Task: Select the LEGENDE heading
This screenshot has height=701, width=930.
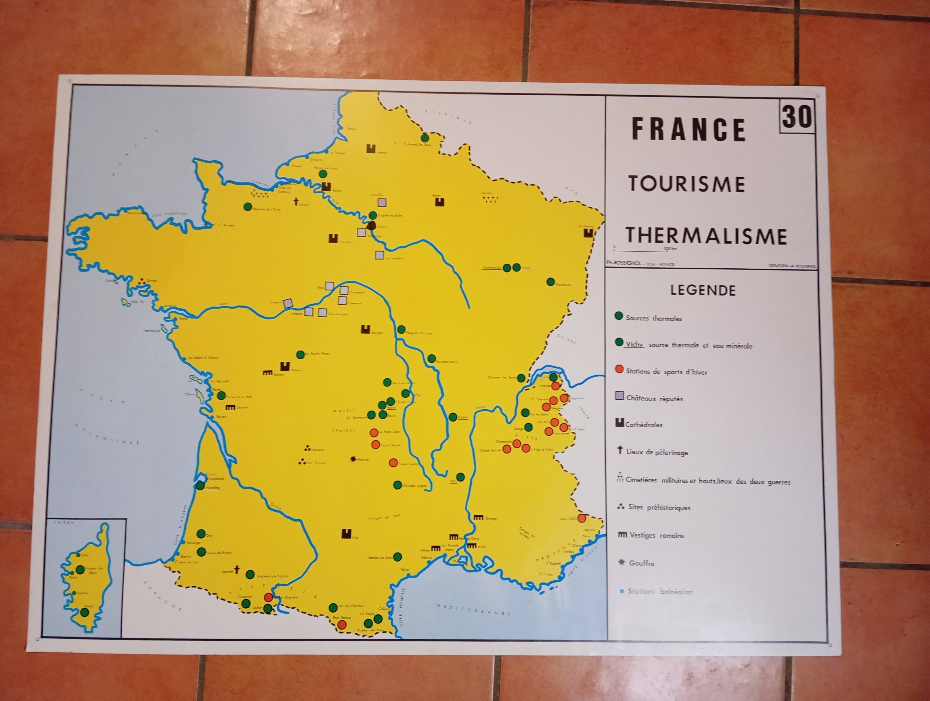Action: click(703, 290)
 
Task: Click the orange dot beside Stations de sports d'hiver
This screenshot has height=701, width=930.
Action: click(619, 369)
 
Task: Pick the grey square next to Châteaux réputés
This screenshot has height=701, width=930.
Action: click(619, 395)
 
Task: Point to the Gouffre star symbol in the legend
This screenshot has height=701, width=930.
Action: click(621, 562)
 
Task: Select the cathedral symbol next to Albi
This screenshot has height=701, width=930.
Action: click(345, 533)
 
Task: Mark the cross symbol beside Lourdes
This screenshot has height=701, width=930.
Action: click(237, 570)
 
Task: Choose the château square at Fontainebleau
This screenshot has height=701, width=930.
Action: click(379, 255)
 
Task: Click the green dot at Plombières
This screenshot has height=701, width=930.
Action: click(550, 282)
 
